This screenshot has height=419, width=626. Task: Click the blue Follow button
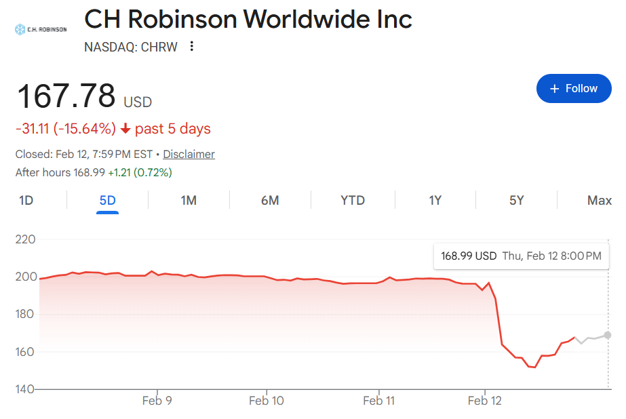coord(574,89)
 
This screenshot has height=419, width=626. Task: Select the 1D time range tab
coord(26,200)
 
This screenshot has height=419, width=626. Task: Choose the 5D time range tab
coord(107,200)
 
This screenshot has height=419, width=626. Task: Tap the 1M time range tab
coord(189,200)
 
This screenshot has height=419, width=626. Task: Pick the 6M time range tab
coord(270,200)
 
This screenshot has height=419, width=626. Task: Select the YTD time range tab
coord(353,200)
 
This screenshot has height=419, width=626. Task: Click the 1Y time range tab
coord(435,200)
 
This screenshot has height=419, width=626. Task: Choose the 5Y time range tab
coord(517,200)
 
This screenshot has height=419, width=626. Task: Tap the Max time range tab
coord(600,200)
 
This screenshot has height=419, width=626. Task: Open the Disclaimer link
coord(189,154)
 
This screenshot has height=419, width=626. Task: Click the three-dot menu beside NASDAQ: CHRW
coord(192,46)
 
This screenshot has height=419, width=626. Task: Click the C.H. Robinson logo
coord(41,29)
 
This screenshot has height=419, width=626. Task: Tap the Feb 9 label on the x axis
coord(157,401)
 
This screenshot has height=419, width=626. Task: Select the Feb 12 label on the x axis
coord(484,401)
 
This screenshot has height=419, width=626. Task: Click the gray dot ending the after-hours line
coord(608,335)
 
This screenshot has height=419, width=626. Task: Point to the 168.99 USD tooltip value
coord(469,256)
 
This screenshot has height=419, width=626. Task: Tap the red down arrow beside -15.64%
coord(125,129)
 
